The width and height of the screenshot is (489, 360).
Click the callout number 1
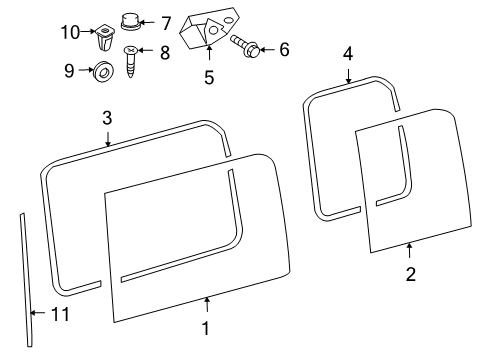[207, 328]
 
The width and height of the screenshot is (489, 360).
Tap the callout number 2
[410, 272]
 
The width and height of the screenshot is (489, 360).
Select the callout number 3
[106, 118]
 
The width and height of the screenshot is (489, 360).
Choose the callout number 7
[166, 21]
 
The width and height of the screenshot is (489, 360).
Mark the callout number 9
[69, 71]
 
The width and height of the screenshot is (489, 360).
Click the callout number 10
[69, 32]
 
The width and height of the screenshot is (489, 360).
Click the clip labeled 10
[104, 38]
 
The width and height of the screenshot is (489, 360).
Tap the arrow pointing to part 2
[410, 249]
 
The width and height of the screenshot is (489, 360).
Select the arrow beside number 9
[84, 71]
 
